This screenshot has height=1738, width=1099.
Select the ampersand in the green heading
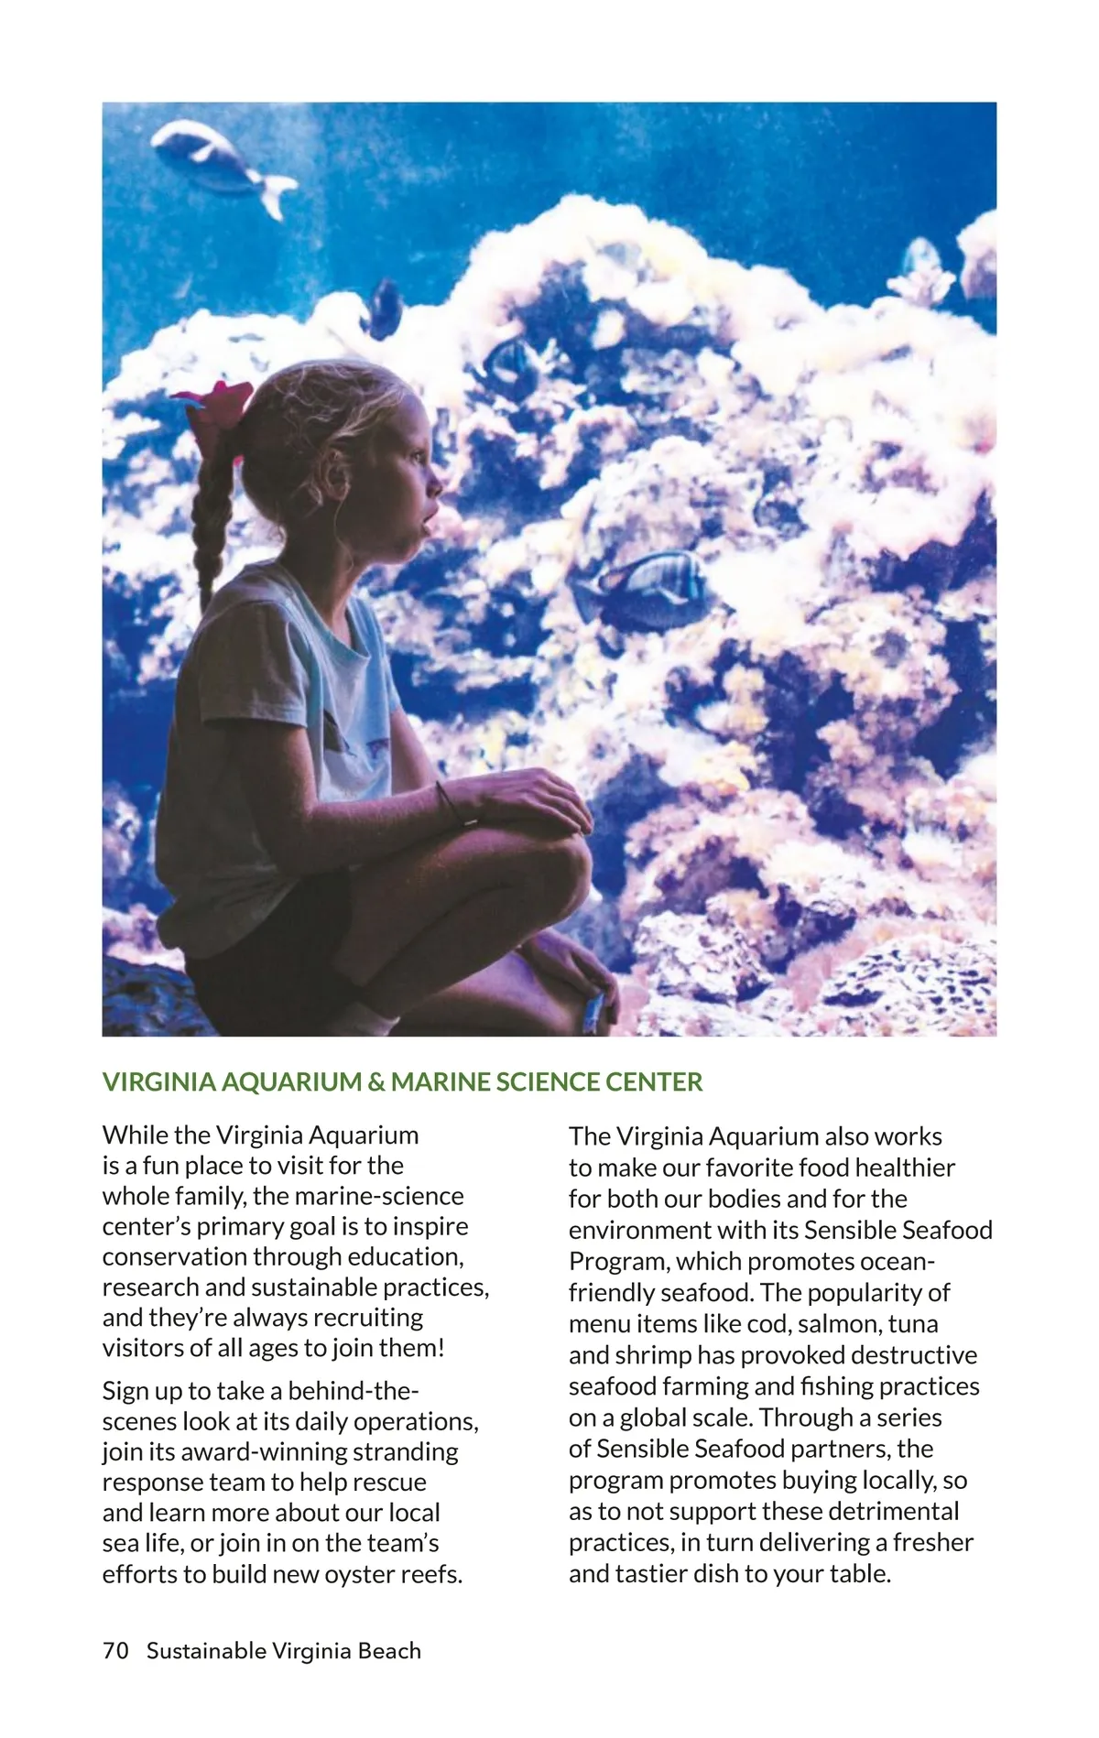[x=375, y=1082]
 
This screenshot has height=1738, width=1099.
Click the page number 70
[x=116, y=1651]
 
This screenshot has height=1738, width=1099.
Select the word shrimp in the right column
[x=654, y=1355]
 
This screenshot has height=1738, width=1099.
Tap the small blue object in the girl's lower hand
[x=593, y=1007]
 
